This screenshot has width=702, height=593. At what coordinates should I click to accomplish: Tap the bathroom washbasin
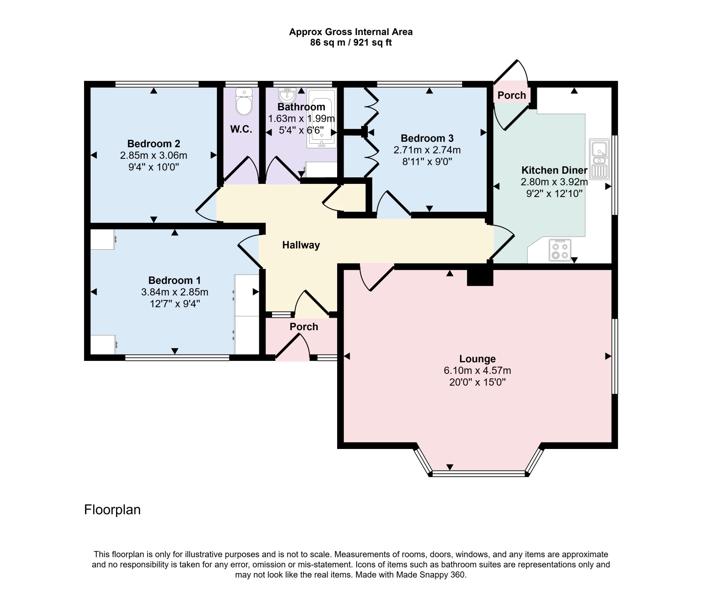(287, 96)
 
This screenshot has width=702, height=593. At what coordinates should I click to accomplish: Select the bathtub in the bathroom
(321, 118)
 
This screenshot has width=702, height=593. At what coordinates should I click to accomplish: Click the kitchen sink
(599, 159)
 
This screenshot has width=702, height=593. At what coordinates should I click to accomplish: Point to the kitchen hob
(560, 250)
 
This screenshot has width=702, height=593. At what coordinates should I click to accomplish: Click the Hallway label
(301, 245)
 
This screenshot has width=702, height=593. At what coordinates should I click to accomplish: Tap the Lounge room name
(477, 359)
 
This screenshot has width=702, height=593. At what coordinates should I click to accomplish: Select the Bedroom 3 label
(427, 138)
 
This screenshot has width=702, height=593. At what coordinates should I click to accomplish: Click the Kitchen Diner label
(554, 170)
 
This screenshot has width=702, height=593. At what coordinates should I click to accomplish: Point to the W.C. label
(241, 129)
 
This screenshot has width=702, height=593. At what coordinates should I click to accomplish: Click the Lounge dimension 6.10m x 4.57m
(477, 370)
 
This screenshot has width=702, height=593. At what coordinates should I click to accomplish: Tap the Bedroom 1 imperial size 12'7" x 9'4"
(175, 304)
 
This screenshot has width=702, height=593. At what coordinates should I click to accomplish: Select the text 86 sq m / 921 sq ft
(351, 43)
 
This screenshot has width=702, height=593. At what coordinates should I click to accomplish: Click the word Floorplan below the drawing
(112, 510)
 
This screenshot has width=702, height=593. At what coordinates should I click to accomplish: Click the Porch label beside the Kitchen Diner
(512, 95)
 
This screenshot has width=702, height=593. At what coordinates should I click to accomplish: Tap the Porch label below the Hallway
(304, 326)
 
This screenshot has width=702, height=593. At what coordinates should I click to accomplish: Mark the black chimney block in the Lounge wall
(480, 277)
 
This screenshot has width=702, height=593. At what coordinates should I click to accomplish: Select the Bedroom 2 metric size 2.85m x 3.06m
(154, 155)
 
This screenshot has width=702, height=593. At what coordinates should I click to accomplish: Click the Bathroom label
(301, 107)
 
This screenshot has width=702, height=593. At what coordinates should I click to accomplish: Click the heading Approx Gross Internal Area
(351, 32)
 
